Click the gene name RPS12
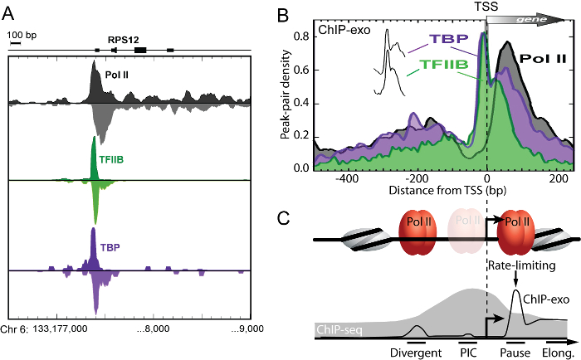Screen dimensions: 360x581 [121, 38]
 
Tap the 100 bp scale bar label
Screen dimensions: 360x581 [23, 34]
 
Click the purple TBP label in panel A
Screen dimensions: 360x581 [111, 247]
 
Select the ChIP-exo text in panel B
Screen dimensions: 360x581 [339, 30]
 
